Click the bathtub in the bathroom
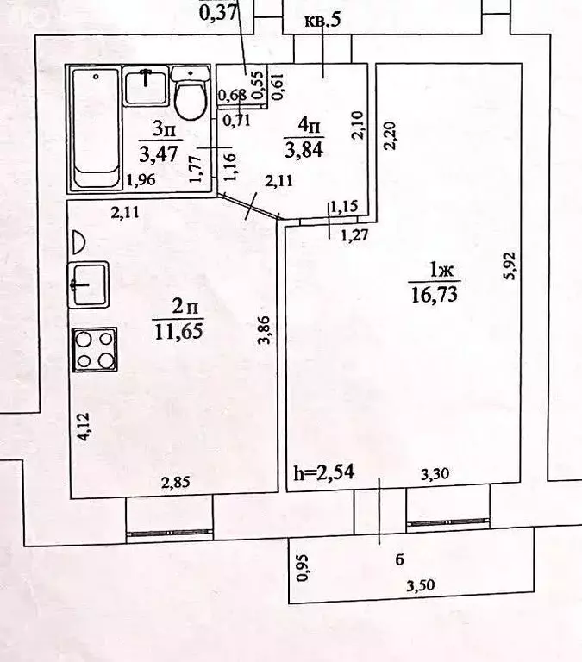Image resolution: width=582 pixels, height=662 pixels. [x=96, y=128]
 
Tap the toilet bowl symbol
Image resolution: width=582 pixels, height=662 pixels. [x=190, y=94]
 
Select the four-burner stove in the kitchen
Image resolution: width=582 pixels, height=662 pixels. [x=95, y=350]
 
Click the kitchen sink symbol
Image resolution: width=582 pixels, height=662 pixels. [x=89, y=285]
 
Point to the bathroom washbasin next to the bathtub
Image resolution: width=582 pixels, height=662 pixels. [x=146, y=87]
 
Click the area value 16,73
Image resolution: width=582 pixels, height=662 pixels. [x=435, y=294]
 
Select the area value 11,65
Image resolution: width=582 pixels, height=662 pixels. [x=178, y=331]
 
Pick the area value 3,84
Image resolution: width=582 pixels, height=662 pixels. [x=304, y=149]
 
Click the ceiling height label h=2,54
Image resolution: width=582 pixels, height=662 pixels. [x=324, y=472]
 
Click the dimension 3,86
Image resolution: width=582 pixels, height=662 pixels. [x=264, y=330]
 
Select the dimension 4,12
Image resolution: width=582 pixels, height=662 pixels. [x=84, y=427]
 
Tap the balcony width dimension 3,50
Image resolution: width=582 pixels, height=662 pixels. [x=421, y=586]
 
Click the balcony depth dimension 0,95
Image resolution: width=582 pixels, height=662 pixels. [x=303, y=568]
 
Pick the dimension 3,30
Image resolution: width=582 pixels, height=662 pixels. [x=435, y=474]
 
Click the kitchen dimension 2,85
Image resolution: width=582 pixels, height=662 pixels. [x=176, y=482]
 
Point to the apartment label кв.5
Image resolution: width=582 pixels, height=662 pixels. [x=322, y=20]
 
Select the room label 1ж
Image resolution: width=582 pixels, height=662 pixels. [x=441, y=270]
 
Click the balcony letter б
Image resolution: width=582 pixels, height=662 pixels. [x=399, y=559]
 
